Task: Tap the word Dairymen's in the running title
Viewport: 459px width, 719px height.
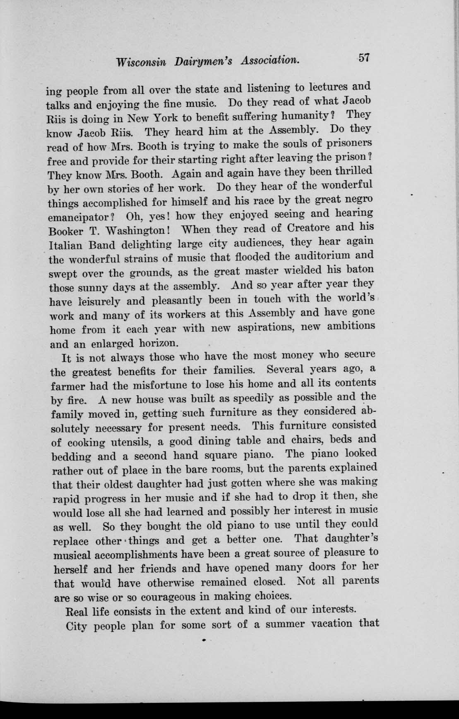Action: click(x=203, y=61)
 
